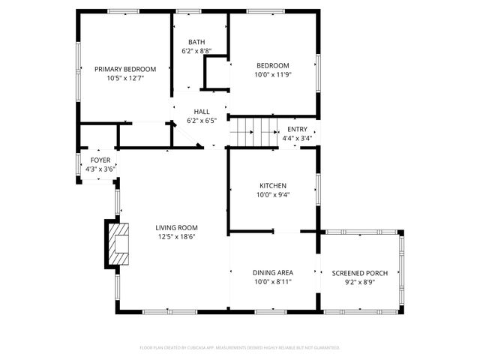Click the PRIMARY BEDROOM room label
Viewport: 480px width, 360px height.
coord(125,69)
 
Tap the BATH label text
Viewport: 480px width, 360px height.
coord(196,42)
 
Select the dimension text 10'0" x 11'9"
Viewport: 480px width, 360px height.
coord(272,74)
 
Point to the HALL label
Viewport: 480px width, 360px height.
coord(201,111)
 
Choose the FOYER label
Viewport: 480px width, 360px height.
coord(100,160)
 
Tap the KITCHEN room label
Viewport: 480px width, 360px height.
coord(273,185)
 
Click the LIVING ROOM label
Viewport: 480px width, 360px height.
coord(177,227)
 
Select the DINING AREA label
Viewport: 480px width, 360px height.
coord(273,272)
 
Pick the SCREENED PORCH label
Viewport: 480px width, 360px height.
coord(359,272)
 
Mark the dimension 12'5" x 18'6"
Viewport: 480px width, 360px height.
coord(177,237)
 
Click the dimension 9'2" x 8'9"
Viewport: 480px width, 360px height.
coord(359,282)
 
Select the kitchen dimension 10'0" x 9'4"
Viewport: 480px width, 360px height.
coord(273,195)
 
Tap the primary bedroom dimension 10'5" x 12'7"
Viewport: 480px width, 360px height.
coord(125,78)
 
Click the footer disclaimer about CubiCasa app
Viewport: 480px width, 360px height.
coord(240,347)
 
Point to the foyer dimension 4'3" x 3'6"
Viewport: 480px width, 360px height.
coord(100,169)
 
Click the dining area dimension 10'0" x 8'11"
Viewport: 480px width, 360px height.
coord(273,282)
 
